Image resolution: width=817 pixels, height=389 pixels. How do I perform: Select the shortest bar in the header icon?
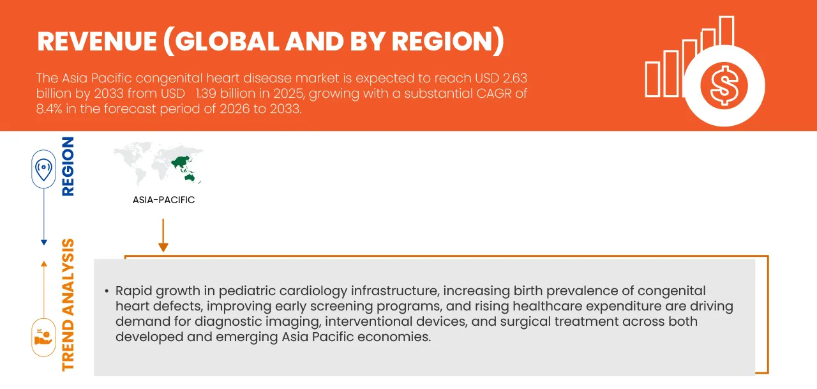click(x=652, y=79)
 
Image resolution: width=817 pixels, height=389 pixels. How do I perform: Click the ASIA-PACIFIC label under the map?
click(x=163, y=200)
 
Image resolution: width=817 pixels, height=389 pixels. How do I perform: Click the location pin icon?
click(x=43, y=169)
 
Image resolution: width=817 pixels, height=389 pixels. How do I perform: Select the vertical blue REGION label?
click(x=67, y=166)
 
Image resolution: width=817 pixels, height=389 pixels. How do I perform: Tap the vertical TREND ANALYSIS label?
click(x=67, y=305)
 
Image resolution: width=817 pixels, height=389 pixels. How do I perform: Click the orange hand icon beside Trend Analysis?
click(x=43, y=337)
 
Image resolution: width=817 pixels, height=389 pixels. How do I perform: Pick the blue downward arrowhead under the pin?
click(x=43, y=242)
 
